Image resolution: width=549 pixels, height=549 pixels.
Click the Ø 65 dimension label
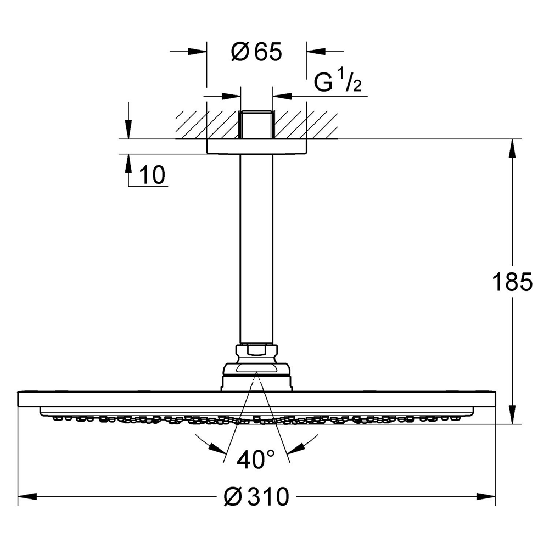tap(256, 52)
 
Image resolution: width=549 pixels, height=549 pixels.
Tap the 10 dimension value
tap(152, 176)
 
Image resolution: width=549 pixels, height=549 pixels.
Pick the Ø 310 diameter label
tap(257, 497)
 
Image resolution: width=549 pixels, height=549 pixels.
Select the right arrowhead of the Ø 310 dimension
tap(488, 497)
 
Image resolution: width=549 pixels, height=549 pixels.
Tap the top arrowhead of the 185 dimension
tap(513, 148)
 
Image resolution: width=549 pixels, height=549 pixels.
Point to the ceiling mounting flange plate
tap(256, 147)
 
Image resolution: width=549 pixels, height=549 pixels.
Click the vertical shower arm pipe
tap(256, 247)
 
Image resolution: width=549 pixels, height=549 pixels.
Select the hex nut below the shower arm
tap(256, 350)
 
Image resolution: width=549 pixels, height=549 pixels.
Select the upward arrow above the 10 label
tap(128, 163)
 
